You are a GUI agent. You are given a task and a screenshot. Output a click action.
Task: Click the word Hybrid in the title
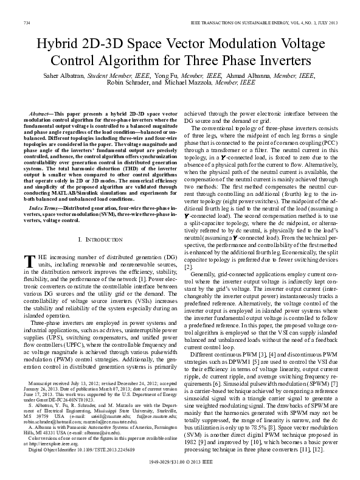pos(59,44)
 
